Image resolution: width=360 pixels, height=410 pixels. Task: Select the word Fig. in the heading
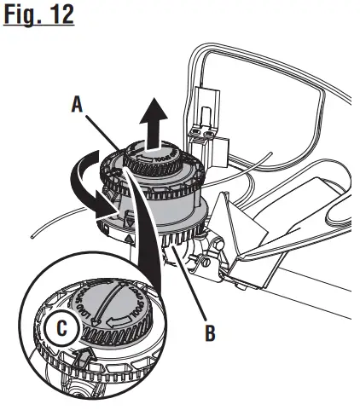[x=23, y=16]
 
